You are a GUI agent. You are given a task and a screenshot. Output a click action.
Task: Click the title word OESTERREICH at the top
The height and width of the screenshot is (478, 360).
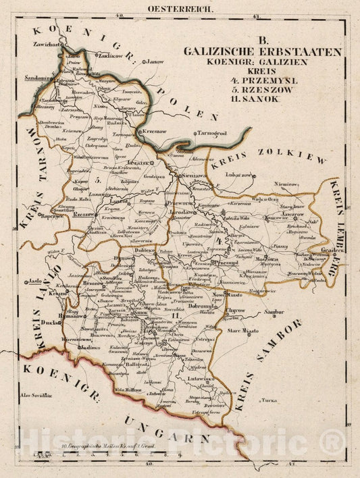pos(180,9)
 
